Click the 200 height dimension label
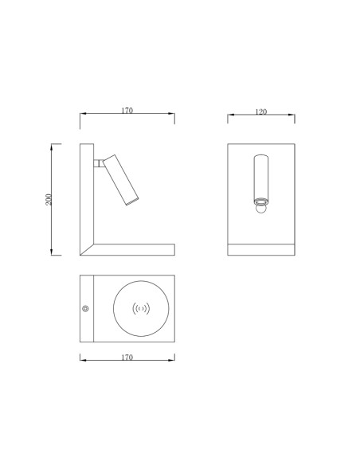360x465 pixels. click(x=49, y=200)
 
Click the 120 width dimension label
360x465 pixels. click(x=261, y=111)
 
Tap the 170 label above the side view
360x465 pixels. click(x=127, y=111)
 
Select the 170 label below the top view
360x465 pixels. click(x=127, y=358)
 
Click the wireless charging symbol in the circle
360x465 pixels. click(x=141, y=309)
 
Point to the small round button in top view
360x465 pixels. click(x=85, y=309)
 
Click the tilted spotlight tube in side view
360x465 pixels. click(x=121, y=180)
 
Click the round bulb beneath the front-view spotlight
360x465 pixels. click(x=261, y=209)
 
